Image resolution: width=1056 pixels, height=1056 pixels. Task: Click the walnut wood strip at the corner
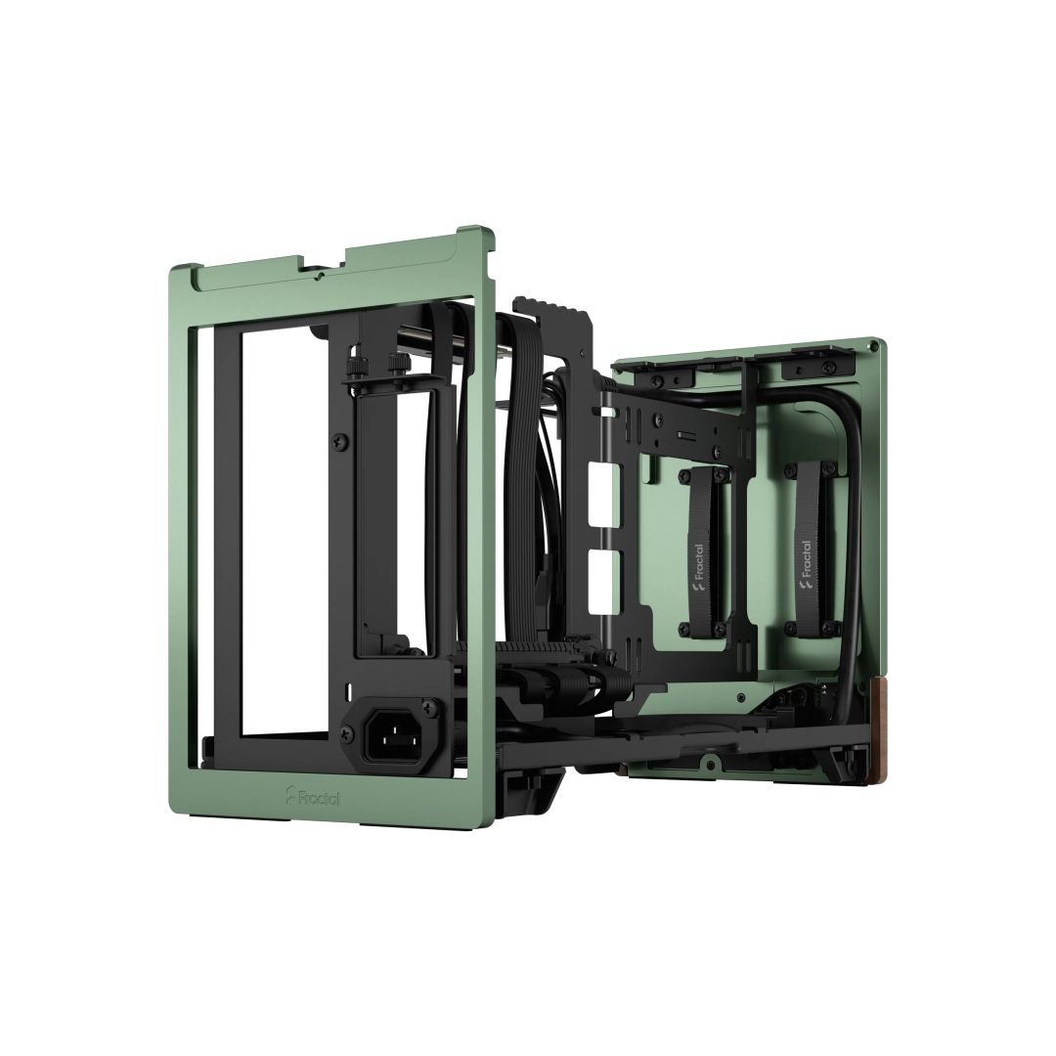coord(888,729)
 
